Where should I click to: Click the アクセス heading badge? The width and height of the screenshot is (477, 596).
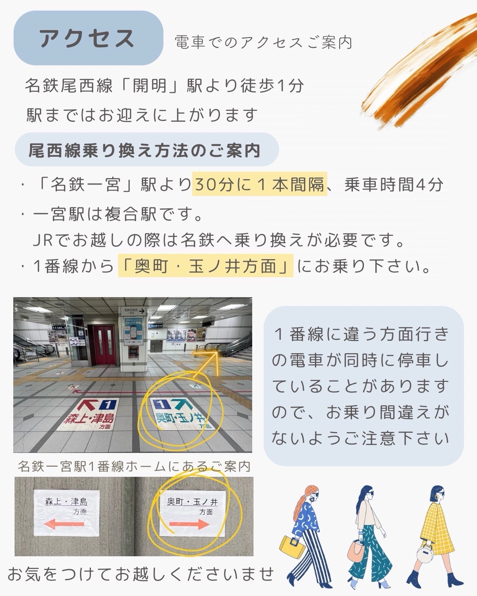[88, 38]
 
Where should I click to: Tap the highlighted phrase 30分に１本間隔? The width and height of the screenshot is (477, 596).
[260, 184]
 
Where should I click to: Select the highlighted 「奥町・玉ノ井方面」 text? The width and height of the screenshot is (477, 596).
[206, 266]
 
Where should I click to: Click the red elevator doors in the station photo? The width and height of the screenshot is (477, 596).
[104, 345]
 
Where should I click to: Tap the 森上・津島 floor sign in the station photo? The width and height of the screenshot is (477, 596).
[88, 415]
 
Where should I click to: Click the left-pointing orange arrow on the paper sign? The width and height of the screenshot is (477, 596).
[64, 524]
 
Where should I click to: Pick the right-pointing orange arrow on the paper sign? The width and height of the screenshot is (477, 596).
[189, 524]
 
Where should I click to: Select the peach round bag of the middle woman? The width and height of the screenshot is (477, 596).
[356, 551]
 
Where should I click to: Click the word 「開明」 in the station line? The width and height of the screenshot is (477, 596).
[149, 85]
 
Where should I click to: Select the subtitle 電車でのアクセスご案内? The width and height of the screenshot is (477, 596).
[264, 43]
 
